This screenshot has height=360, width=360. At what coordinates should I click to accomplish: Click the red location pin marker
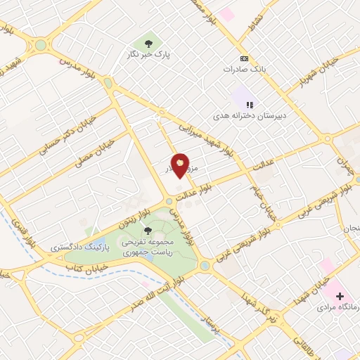point(180,165)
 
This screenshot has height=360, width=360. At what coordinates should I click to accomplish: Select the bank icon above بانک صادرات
point(244,58)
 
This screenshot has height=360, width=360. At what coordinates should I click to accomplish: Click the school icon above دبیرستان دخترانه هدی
point(250,105)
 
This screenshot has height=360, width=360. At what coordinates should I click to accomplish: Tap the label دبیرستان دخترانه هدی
point(248,115)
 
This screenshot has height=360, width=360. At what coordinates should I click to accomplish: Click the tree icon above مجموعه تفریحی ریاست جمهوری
point(148,230)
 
